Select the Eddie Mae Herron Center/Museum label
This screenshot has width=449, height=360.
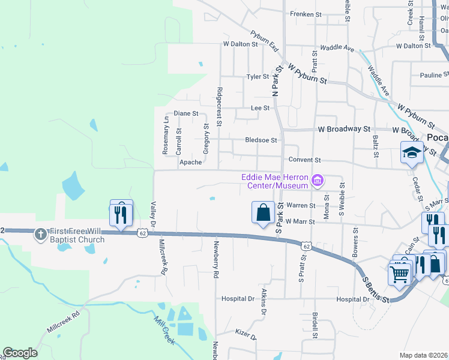coord(275,181)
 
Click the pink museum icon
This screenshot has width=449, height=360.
coord(318,179)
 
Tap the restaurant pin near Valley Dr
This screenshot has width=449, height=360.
coord(121,214)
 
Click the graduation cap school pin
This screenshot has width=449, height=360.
coord(412,152)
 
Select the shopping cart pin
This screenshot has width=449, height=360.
coord(400,274)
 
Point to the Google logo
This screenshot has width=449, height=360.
coord(20,353)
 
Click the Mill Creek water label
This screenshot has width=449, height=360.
coord(164,331)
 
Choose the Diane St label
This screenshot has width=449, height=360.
coord(185,113)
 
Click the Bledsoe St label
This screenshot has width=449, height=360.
coord(261,140)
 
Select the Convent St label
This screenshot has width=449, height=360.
coord(305,160)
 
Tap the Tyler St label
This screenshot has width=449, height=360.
coord(258,77)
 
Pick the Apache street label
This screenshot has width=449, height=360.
coord(190,162)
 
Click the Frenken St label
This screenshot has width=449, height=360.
coord(306,13)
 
